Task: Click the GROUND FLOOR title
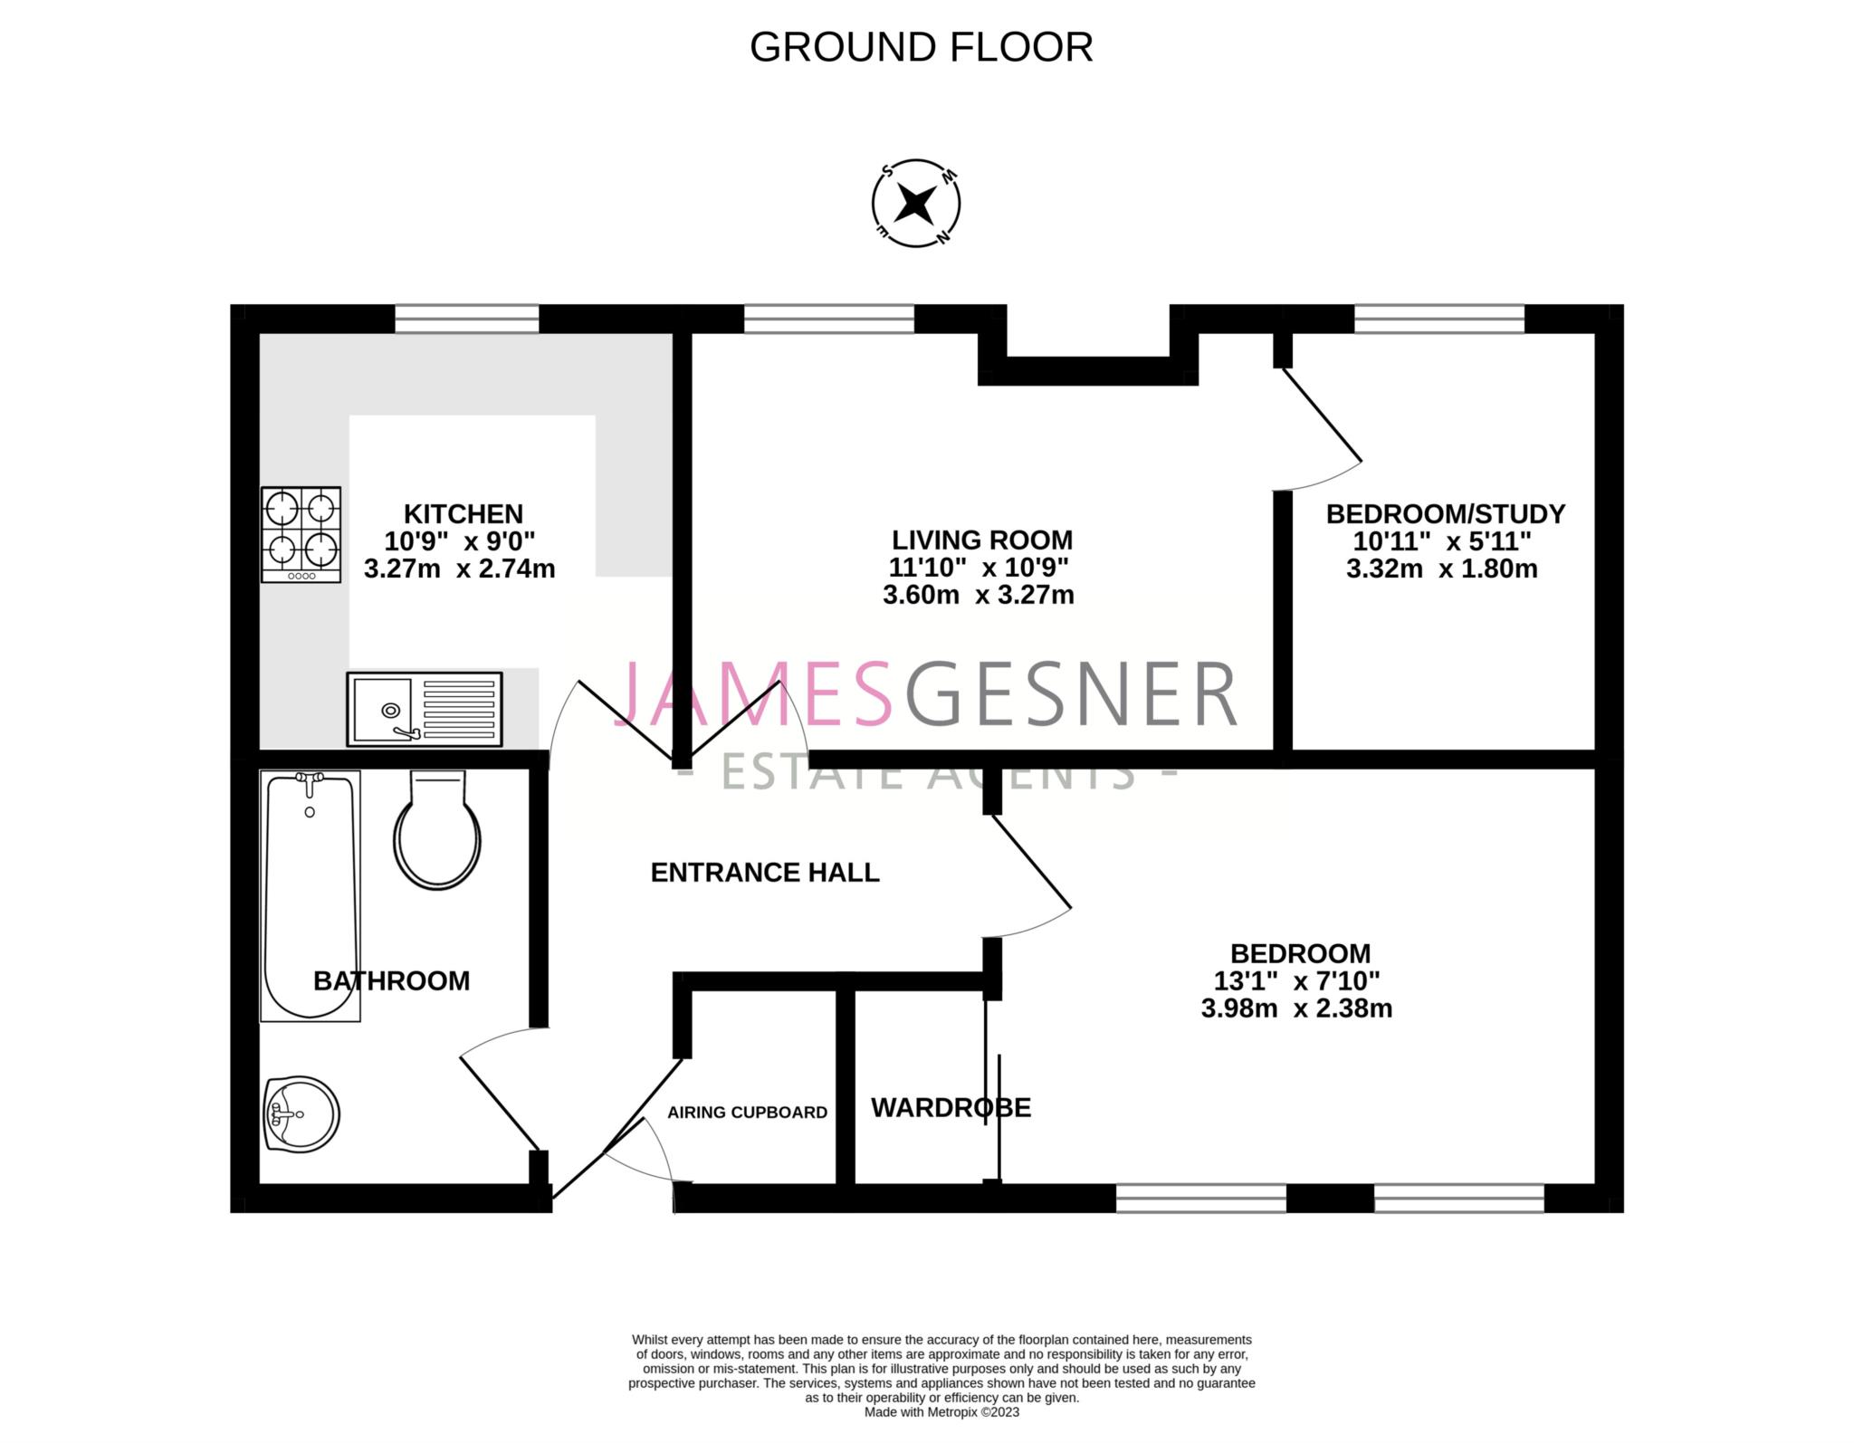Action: coord(921,47)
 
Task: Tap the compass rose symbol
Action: coord(915,205)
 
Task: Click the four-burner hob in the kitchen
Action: coord(301,534)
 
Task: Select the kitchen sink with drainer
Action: coord(424,710)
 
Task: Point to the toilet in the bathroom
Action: coord(437,831)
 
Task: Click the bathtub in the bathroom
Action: coord(310,894)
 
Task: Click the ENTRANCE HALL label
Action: coord(765,873)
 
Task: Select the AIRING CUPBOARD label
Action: coord(747,1113)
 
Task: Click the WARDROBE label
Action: coord(951,1108)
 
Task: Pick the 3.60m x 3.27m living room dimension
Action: coord(978,596)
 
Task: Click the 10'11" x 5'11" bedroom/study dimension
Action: coord(1442,542)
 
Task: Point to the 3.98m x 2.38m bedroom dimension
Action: coord(1296,1008)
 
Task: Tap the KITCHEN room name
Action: coord(463,514)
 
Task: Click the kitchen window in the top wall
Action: coord(466,319)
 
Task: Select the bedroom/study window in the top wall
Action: coord(1438,319)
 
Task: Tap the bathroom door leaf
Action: coord(500,1103)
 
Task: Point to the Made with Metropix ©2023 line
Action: coord(941,1412)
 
